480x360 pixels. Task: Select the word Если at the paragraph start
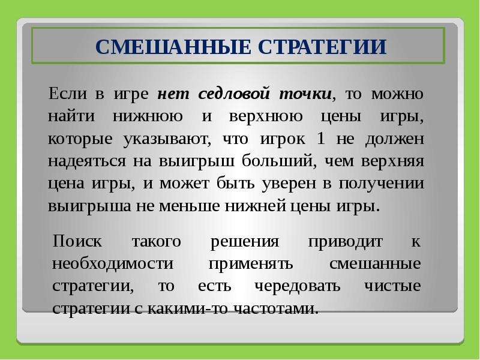[x=68, y=93]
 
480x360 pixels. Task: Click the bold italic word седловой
[x=234, y=94]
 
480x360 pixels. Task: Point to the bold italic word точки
[x=305, y=94]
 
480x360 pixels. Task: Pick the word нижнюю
[x=148, y=116]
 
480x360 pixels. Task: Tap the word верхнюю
[x=266, y=116]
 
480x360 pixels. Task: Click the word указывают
[x=167, y=139]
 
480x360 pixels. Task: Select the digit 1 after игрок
[x=321, y=139]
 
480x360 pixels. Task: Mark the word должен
[x=395, y=139]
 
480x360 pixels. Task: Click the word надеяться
[x=87, y=161]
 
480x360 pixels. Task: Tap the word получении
[x=382, y=184]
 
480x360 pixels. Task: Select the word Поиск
[x=77, y=241]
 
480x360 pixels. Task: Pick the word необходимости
[x=113, y=263]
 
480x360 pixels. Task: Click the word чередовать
[x=297, y=286]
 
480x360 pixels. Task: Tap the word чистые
[x=392, y=286]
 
